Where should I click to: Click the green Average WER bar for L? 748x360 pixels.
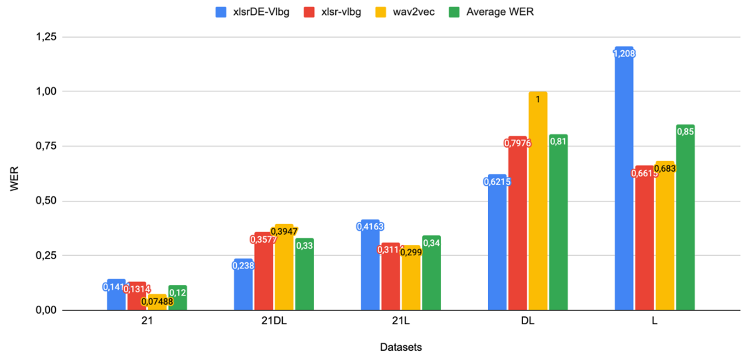685,221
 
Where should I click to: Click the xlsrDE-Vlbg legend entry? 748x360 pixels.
252,12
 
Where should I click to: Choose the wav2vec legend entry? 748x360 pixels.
405,12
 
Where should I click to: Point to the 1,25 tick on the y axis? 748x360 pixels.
46,37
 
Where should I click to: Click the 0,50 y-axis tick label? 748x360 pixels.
46,201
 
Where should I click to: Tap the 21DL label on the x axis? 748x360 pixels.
274,321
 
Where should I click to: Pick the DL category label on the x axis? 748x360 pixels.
528,321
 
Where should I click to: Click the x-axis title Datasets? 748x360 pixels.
401,347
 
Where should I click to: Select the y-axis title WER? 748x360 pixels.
14,179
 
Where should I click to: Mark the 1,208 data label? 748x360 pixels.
624,53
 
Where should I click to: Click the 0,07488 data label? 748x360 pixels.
157,302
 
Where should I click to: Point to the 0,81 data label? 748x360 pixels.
558,141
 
